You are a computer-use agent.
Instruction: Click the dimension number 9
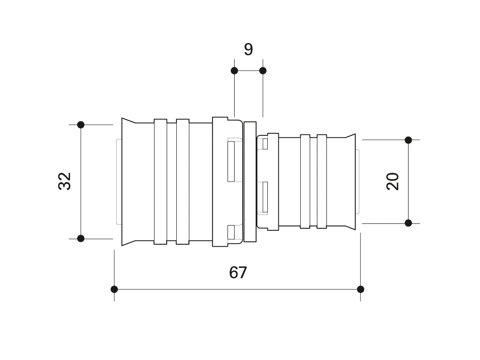coord(248,49)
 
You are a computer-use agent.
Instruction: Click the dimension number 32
coord(65,181)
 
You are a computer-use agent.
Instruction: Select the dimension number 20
coord(393,182)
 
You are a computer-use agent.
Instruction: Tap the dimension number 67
coord(238,273)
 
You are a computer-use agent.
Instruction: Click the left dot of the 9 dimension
coord(235,71)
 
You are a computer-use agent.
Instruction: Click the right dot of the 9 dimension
coord(263,71)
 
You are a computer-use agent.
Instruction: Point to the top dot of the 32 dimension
coord(81,125)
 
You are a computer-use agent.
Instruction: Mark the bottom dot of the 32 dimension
coord(81,239)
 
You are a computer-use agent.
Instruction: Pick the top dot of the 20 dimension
coord(408,140)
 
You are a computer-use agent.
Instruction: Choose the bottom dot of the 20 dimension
coord(408,223)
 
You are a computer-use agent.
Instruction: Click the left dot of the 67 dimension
coord(114,289)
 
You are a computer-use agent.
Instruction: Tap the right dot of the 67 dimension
coord(361,289)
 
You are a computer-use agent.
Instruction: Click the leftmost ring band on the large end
coord(161,182)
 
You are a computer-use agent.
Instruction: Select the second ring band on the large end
coord(183,182)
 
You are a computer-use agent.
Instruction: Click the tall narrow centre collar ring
coord(250,182)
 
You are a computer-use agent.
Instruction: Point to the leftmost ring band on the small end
coord(305,182)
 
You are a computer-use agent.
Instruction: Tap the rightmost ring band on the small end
coord(322,182)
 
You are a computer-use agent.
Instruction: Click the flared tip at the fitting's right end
coord(350,182)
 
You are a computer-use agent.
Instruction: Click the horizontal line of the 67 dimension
coord(237,289)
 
